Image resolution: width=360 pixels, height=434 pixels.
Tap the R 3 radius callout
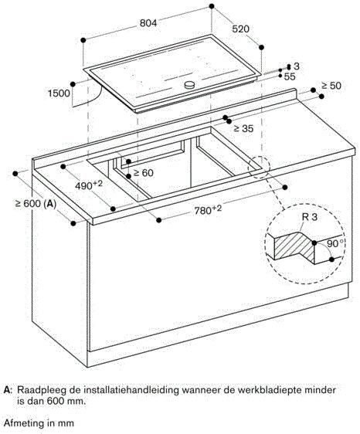point(309,219)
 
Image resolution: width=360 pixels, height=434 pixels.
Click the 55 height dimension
point(290,77)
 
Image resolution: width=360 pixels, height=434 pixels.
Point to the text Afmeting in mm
point(38,422)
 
